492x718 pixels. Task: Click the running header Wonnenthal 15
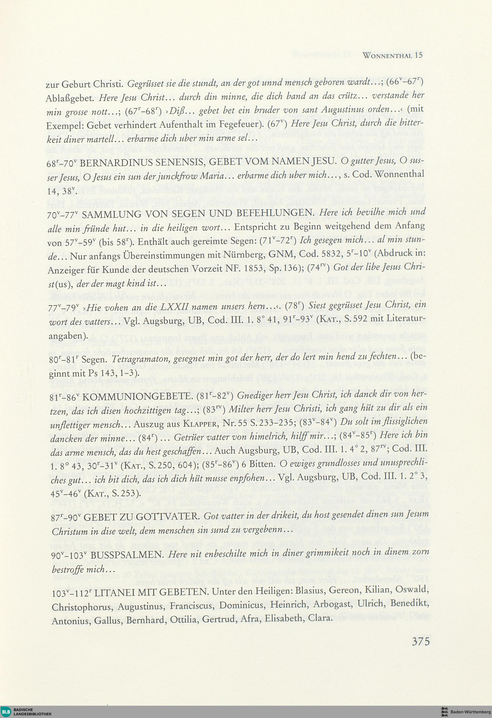(392, 55)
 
